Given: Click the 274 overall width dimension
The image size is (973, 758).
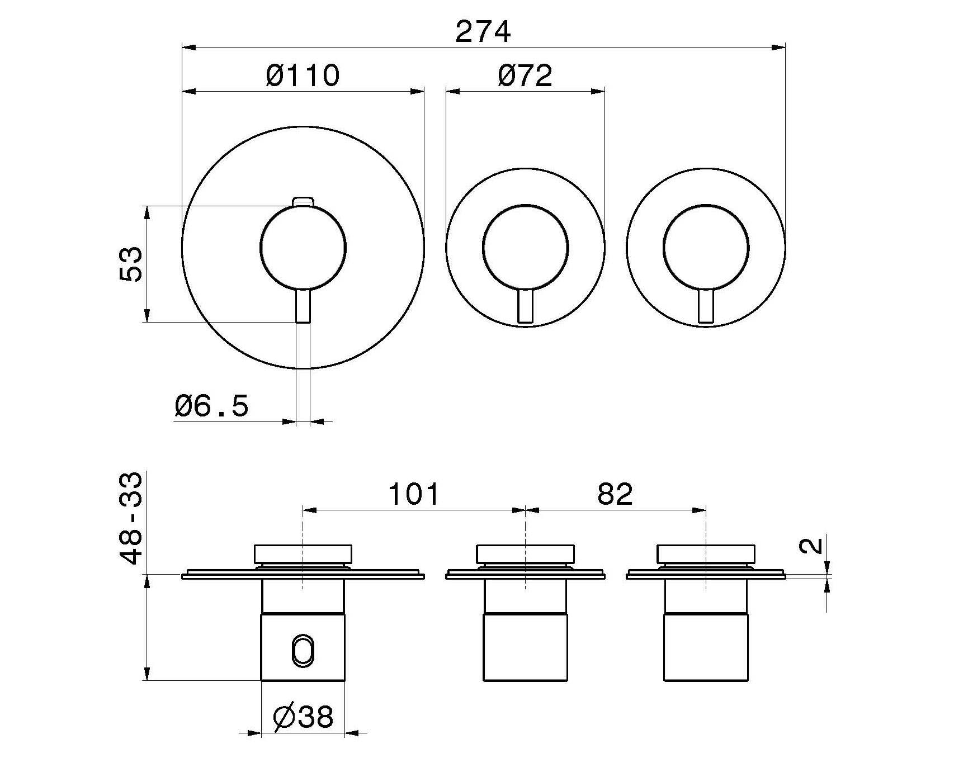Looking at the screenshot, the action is pos(483,32).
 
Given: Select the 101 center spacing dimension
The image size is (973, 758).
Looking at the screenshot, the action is pos(414,494).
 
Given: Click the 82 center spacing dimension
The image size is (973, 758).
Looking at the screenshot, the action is pos(615,494).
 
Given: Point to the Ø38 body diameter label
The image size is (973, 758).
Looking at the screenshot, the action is pos(304,717).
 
